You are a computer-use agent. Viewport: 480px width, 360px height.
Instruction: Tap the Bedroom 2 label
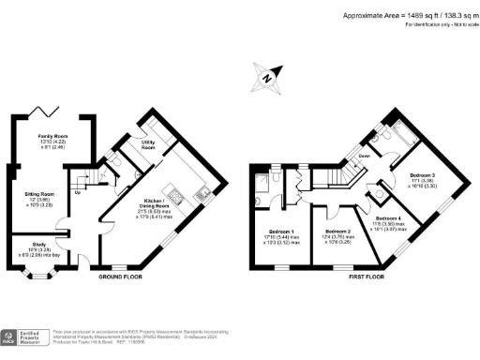pos(337,231)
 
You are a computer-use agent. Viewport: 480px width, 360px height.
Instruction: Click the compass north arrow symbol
pos(268,80)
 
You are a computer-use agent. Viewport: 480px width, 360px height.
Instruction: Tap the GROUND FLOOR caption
pos(119,278)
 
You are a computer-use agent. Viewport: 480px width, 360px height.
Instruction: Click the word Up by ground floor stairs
pos(77,193)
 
